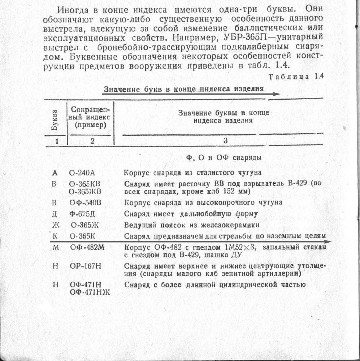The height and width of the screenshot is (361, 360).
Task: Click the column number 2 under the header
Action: (92, 142)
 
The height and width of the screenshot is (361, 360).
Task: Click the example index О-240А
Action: (81, 173)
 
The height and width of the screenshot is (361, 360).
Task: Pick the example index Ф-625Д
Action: (82, 213)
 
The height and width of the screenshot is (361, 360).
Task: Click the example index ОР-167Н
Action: (85, 266)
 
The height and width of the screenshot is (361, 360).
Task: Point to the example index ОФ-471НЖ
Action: (90, 292)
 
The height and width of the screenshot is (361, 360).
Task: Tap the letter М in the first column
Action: (55, 248)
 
